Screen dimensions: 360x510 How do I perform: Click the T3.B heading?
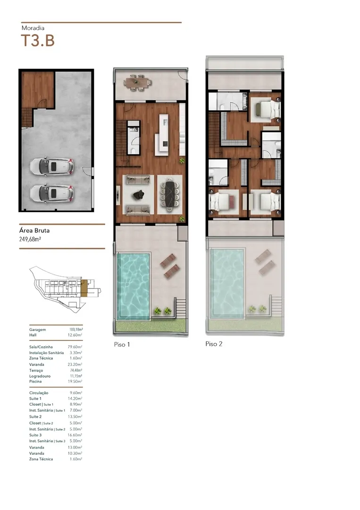coord(38,41)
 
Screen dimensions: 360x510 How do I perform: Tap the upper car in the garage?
coord(51,167)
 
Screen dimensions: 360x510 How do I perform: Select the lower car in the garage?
coord(51,193)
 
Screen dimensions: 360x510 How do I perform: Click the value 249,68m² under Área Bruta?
coord(30,239)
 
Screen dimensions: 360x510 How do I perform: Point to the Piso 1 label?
coord(122,344)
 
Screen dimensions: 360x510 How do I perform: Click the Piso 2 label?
coord(214,344)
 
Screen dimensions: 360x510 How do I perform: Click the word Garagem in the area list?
coord(37,330)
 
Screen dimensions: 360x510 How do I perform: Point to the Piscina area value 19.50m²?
coord(75,381)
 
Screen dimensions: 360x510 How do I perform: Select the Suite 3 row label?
coord(35,435)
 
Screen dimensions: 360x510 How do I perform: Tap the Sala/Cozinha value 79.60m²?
coord(75,347)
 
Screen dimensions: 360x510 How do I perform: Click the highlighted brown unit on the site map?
coord(84,288)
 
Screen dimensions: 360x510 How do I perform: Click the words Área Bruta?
coord(34,230)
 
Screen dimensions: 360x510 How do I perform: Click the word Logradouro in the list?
coord(40,376)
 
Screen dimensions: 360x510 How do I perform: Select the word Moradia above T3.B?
coord(33,28)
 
